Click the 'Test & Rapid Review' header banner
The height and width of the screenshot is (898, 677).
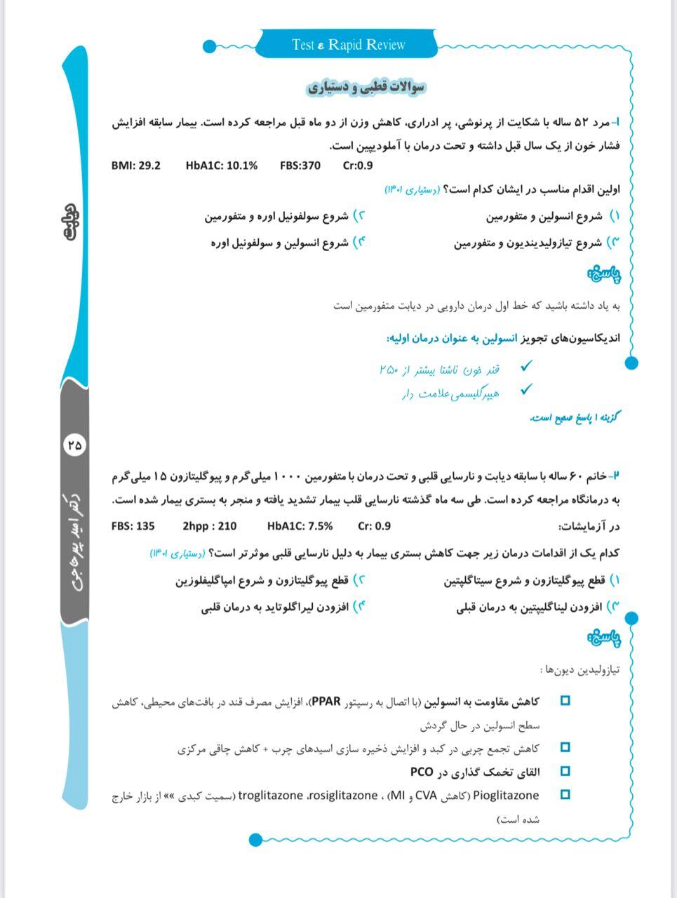pos(348,45)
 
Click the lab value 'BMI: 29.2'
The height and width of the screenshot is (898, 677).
pos(135,166)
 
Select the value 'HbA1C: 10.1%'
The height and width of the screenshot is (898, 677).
pos(221,166)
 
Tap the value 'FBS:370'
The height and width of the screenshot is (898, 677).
pos(300,166)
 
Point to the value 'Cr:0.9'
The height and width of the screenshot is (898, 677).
pos(358,166)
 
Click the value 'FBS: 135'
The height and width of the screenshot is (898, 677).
pos(133,526)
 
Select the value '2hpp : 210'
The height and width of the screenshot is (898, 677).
pos(209,526)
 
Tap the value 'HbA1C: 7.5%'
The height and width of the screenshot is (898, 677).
pos(300,526)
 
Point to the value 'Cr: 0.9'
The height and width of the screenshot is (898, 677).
pos(374,526)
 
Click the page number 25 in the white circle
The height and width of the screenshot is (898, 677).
pos(74,444)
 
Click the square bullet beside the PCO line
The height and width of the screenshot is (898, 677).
pos(565,771)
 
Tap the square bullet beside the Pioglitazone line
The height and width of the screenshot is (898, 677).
pos(565,795)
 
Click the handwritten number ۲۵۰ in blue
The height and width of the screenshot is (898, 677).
pos(389,369)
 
